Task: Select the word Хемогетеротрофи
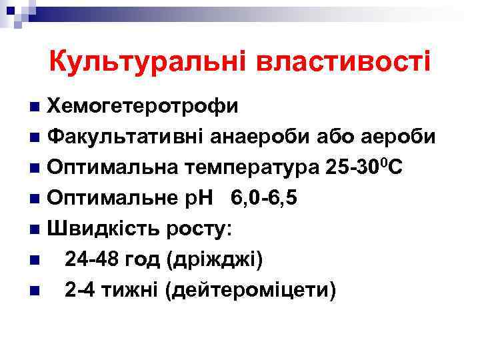144,106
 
